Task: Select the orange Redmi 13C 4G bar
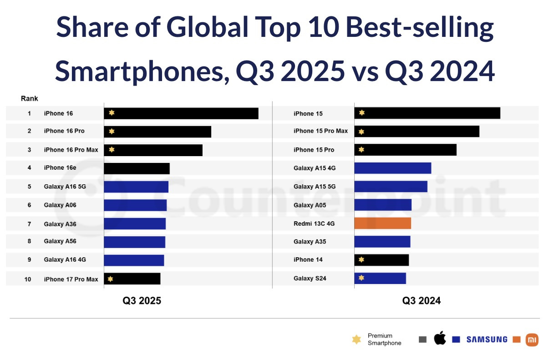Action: (382, 223)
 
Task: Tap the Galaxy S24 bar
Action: (380, 278)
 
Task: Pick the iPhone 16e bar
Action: (137, 168)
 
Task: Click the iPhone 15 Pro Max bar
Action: (417, 132)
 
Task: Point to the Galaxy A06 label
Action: (60, 205)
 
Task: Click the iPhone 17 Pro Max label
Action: (71, 279)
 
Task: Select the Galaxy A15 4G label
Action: (315, 168)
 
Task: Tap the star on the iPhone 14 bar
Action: (361, 260)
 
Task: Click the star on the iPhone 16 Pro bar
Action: (112, 132)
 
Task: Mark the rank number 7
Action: (29, 224)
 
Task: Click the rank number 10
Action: (28, 279)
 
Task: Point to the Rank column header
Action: (30, 98)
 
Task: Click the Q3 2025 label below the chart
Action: (142, 301)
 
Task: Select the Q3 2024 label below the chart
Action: (421, 301)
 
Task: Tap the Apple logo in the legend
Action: (440, 339)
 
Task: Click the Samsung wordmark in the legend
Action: (487, 340)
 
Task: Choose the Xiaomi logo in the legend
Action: (532, 340)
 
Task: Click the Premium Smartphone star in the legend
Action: (357, 340)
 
